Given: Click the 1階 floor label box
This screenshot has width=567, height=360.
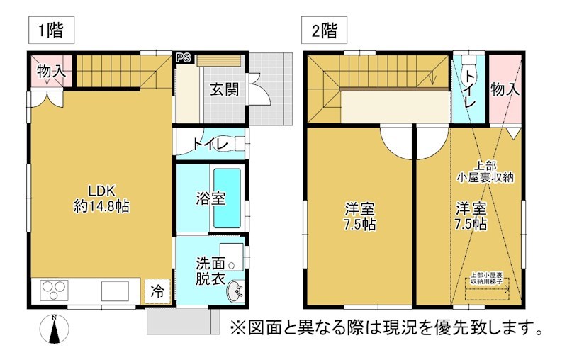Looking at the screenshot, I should tap(51, 30).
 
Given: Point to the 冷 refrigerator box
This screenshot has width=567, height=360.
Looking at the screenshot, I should tap(158, 291).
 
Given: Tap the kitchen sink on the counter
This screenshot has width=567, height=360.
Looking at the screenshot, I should tap(113, 291).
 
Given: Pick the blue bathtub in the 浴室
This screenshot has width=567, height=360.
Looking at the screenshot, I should tap(228, 198).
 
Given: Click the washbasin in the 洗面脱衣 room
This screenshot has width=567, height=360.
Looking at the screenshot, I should tap(236, 291).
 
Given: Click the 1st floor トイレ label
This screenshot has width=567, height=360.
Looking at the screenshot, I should tap(210, 145).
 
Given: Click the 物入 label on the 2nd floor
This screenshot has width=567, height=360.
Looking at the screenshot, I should tap(505, 89).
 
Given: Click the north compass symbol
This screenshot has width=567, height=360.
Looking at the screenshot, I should tap(54, 330).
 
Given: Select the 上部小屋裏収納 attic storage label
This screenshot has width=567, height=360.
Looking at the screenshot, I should tap(485, 172).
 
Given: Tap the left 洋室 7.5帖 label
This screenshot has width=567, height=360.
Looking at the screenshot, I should tap(359, 218).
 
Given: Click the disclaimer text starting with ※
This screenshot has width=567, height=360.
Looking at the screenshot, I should tap(386, 329).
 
